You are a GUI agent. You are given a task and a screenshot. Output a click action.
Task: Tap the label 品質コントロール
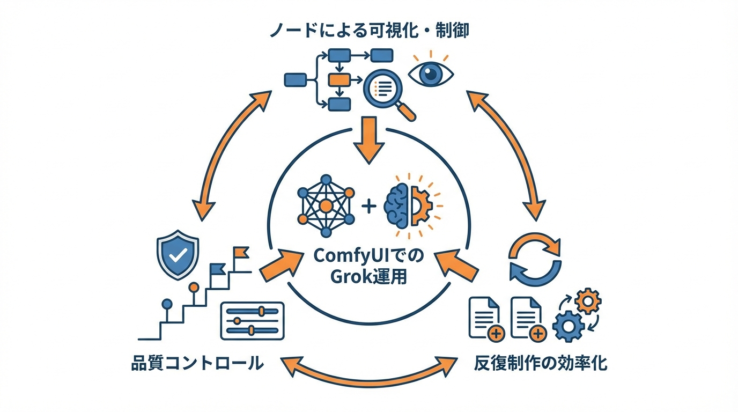click(197, 363)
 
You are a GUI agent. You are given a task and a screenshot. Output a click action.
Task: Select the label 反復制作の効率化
click(541, 363)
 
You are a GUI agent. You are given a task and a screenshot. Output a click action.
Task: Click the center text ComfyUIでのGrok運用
click(368, 266)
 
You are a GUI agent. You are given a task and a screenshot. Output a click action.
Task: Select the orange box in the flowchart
click(338, 80)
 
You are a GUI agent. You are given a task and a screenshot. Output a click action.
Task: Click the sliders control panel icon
click(252, 320)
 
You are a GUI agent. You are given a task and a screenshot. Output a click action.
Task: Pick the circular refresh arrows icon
click(535, 259)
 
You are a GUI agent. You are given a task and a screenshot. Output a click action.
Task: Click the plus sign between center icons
click(369, 206)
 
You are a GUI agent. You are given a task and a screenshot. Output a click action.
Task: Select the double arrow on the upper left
click(233, 155)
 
